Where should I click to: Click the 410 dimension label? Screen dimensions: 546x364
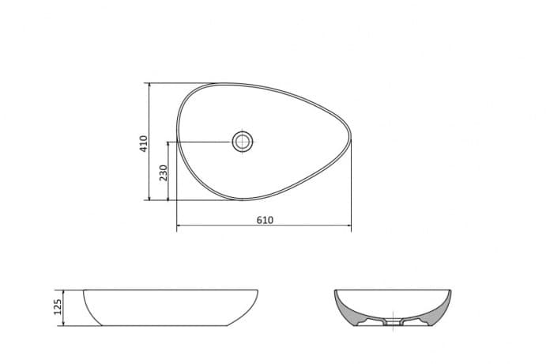144,144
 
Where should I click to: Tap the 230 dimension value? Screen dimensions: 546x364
163,173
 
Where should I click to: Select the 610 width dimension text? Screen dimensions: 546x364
265,220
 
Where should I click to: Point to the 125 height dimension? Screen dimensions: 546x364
58,307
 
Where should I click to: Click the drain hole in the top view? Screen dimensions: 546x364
243,142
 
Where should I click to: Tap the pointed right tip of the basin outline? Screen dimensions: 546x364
350,138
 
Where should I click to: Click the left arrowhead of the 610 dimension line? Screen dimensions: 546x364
179,226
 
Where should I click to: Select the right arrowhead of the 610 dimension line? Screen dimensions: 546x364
348,226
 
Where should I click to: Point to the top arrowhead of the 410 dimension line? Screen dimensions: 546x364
149,85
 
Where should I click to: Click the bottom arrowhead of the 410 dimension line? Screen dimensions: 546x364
149,198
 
